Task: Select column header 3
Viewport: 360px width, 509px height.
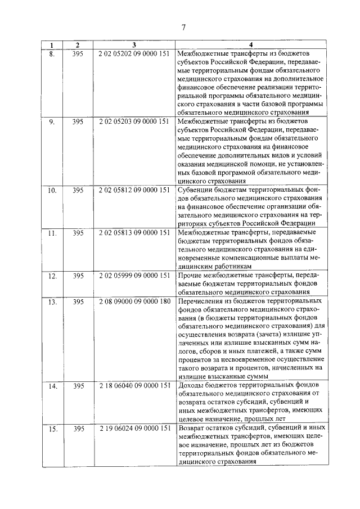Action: pyautogui.click(x=134, y=45)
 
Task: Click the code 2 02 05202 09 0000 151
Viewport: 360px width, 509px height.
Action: pyautogui.click(x=134, y=53)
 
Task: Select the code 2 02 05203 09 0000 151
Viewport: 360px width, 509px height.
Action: pyautogui.click(x=134, y=121)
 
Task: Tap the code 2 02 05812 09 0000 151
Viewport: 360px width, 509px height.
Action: pyautogui.click(x=134, y=191)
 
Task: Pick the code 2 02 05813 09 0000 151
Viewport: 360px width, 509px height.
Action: pyautogui.click(x=134, y=232)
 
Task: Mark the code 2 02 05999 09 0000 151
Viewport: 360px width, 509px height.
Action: pyautogui.click(x=134, y=276)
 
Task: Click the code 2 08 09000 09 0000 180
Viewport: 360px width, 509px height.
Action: pyautogui.click(x=134, y=302)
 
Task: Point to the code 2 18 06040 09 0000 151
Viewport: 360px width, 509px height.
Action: pyautogui.click(x=134, y=386)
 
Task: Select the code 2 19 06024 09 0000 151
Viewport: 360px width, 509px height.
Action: pyautogui.click(x=134, y=429)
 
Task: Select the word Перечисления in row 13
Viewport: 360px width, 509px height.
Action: pyautogui.click(x=201, y=302)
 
